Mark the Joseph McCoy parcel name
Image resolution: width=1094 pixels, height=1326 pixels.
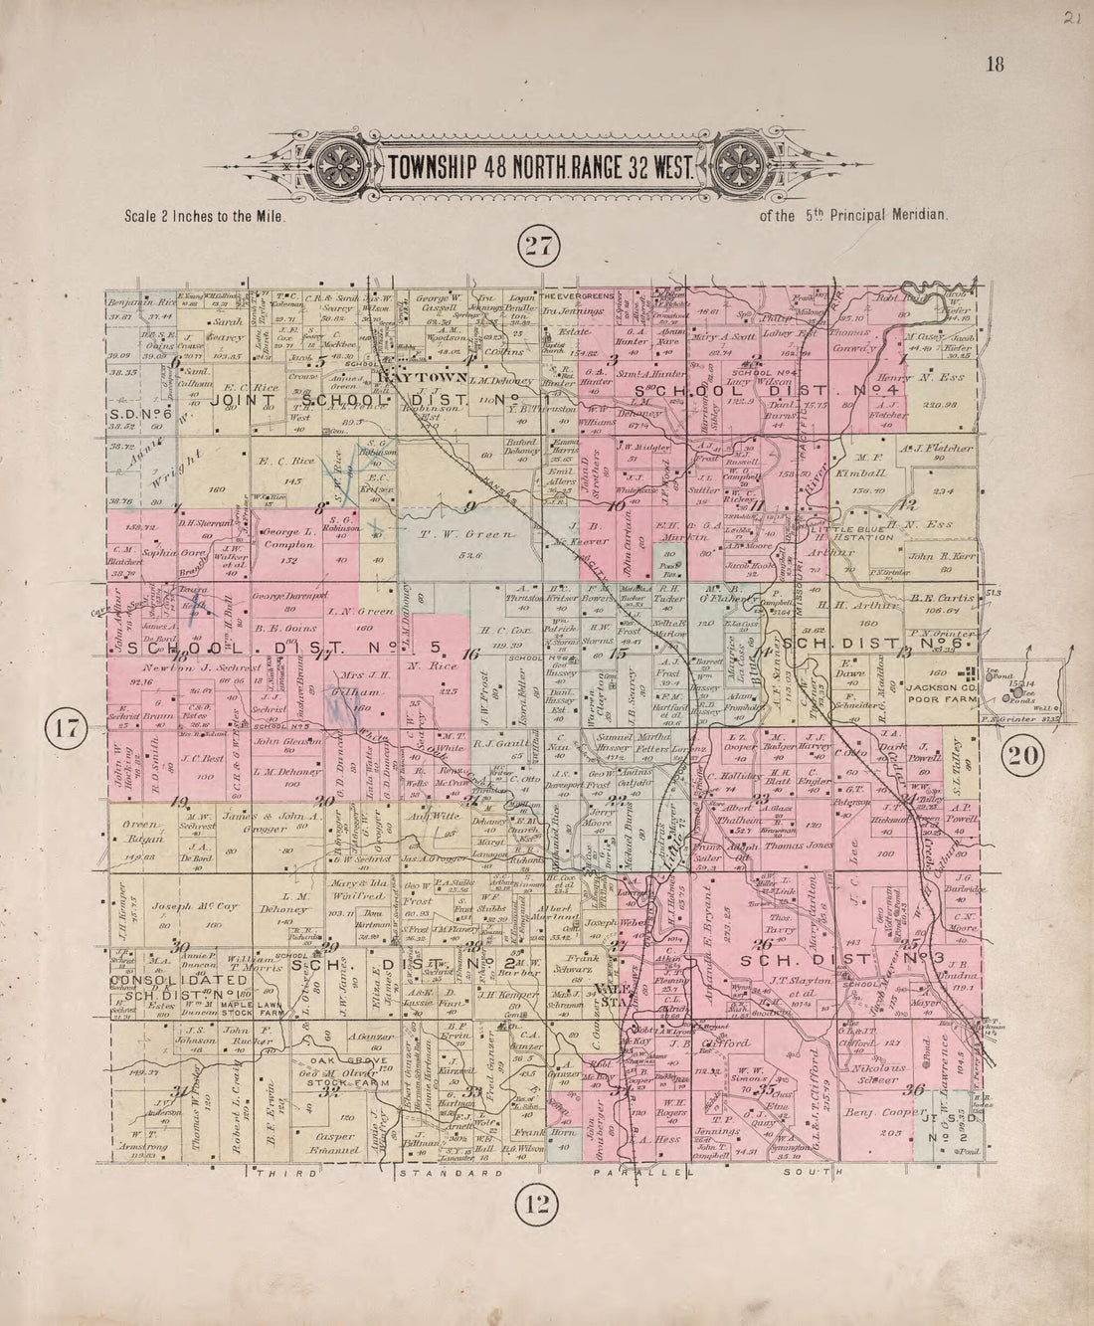point(183,906)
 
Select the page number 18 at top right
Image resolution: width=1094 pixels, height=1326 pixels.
point(996,66)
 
